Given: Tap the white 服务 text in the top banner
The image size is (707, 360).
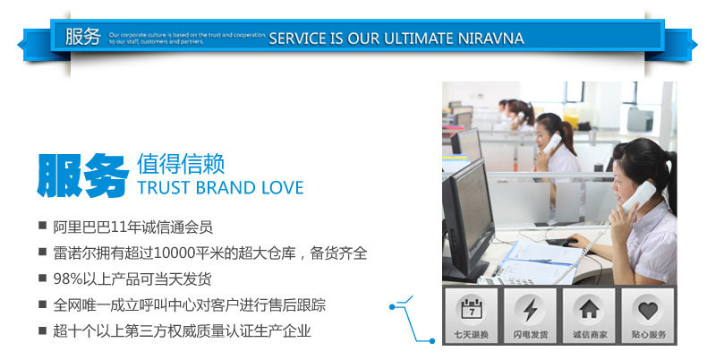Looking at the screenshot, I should pyautogui.click(x=82, y=37).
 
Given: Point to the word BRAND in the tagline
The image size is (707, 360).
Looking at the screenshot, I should pyautogui.click(x=224, y=187).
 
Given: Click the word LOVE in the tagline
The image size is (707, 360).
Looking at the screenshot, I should pyautogui.click(x=282, y=187).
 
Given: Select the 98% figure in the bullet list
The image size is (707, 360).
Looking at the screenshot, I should pyautogui.click(x=67, y=279).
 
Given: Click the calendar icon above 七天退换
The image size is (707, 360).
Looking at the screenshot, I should pyautogui.click(x=471, y=310).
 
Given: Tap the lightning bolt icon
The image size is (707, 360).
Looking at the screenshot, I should pyautogui.click(x=530, y=310).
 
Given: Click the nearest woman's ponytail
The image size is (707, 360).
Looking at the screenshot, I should pyautogui.click(x=668, y=170).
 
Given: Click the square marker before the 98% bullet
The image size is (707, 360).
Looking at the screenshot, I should pyautogui.click(x=42, y=279).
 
